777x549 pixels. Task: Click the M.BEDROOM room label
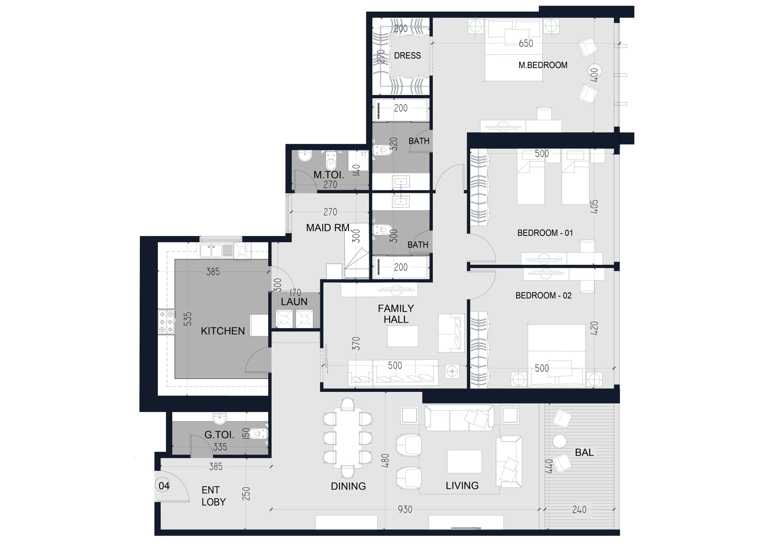543,65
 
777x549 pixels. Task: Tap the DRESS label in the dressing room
407,56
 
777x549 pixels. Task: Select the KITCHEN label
223,331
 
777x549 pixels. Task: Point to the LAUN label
294,302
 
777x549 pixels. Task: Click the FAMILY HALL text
396,314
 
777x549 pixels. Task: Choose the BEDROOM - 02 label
544,295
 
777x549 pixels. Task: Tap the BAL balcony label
585,453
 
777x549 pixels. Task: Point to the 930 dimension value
405,510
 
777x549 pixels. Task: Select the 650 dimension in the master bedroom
526,43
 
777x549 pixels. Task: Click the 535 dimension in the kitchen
188,319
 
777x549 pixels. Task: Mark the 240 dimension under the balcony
579,510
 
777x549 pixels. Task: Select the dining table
348,438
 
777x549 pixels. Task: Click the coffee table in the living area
464,461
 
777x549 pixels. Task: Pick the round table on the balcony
559,441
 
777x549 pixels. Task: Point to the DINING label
348,486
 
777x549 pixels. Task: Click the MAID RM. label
329,228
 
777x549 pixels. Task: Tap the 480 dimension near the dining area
385,460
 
